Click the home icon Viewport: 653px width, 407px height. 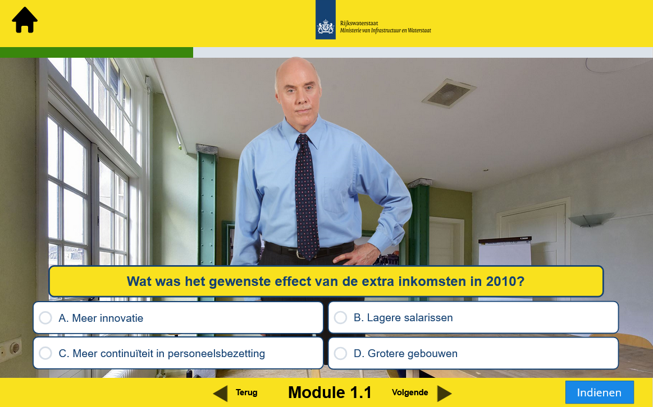click(x=25, y=20)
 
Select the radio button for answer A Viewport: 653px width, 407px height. click(x=45, y=318)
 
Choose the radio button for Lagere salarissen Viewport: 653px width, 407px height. click(x=340, y=318)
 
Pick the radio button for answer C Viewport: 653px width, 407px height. click(x=45, y=353)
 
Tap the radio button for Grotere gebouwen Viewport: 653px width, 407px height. click(x=340, y=353)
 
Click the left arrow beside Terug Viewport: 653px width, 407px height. click(x=220, y=394)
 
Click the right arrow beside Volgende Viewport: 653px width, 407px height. click(x=444, y=394)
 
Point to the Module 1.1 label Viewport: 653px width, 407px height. click(x=330, y=392)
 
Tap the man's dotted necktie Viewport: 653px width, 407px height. click(x=307, y=196)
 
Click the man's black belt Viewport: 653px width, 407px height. click(x=309, y=249)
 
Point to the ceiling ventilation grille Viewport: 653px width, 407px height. click(x=449, y=93)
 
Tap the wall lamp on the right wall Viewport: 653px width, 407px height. click(x=590, y=220)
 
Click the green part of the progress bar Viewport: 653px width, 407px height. click(x=97, y=52)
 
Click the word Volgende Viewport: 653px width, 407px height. click(x=410, y=392)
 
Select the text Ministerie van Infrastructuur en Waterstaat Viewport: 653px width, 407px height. click(x=386, y=30)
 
